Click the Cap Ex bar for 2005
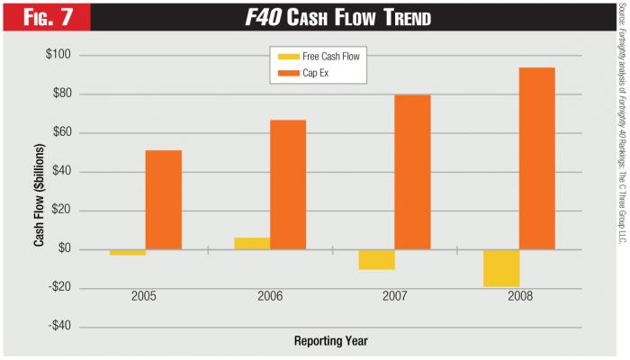(x=163, y=199)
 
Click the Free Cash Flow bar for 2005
(x=128, y=252)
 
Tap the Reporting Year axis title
(x=330, y=342)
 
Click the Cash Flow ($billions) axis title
(x=40, y=192)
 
